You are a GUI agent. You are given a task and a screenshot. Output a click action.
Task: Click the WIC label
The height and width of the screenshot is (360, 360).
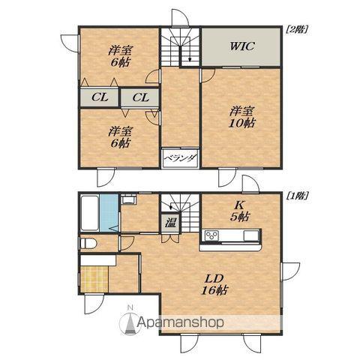[x=242, y=46]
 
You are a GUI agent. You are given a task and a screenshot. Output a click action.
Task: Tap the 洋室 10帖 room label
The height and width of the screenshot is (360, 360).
[x=242, y=117]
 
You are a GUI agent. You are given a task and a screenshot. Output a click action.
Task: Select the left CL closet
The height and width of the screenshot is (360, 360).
[x=99, y=97]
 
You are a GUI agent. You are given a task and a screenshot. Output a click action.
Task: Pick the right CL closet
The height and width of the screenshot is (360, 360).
[x=140, y=97]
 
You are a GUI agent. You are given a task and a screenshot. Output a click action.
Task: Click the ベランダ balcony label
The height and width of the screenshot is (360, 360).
[x=181, y=158]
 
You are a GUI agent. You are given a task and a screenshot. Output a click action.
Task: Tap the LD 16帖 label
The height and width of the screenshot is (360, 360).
[x=215, y=284]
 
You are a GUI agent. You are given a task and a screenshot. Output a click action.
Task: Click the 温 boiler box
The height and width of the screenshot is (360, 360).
[x=170, y=222]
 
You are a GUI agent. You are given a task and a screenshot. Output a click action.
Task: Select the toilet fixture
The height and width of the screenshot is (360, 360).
[x=88, y=243]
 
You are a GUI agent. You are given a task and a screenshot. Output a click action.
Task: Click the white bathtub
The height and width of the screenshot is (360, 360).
[x=89, y=213]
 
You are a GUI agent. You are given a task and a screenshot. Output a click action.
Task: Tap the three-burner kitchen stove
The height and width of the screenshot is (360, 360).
[x=212, y=235]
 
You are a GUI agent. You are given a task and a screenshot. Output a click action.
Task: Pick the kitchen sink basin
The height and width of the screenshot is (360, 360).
[x=251, y=235]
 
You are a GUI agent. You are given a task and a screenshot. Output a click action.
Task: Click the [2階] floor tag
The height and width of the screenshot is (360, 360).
[x=296, y=29]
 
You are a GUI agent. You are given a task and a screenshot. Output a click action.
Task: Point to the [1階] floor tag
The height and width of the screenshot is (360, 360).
[x=296, y=196]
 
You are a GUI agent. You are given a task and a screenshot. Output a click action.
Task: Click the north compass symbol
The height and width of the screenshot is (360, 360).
[x=130, y=320]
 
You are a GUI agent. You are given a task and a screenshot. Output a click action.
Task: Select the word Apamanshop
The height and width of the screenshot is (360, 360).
[x=181, y=322]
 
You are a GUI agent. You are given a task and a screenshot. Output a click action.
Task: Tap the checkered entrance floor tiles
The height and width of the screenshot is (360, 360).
[x=94, y=279]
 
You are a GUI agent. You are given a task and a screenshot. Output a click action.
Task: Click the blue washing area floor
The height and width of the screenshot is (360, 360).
[x=109, y=213]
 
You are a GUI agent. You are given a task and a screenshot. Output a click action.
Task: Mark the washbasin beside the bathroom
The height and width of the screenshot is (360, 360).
[x=128, y=199]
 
